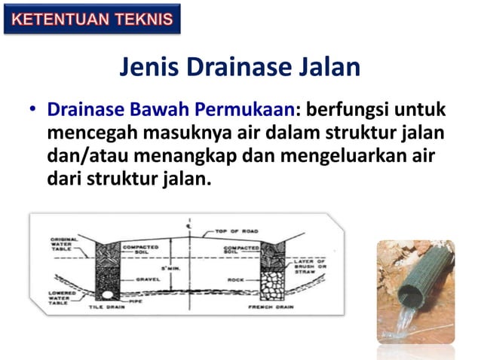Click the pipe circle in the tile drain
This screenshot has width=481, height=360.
click(108, 294)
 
